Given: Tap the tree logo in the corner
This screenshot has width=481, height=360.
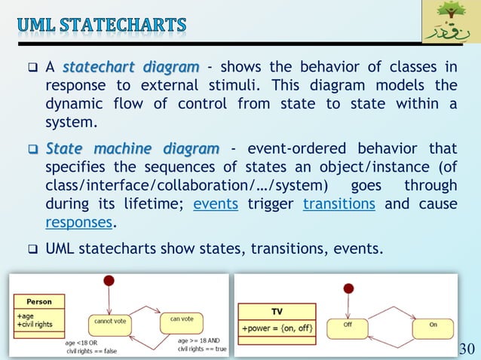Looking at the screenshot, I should click(449, 23).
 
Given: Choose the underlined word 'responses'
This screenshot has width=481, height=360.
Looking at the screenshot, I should click(78, 222).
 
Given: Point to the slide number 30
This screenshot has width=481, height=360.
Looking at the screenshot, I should click(467, 348).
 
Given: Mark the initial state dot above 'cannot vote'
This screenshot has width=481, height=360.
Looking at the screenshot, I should click(109, 281).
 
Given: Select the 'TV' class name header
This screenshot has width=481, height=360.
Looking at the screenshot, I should click(277, 310).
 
